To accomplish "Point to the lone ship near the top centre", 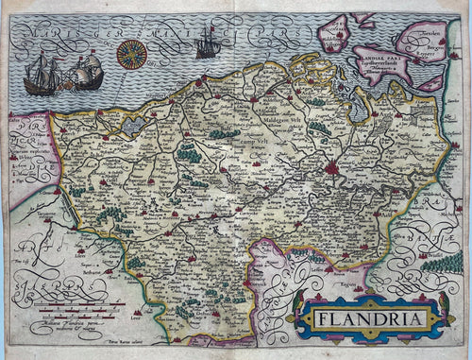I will (x=207, y=43).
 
